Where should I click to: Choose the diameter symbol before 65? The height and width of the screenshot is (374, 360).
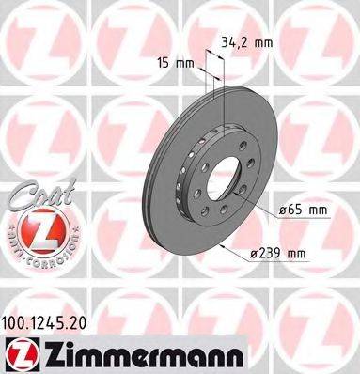click(x=281, y=212)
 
